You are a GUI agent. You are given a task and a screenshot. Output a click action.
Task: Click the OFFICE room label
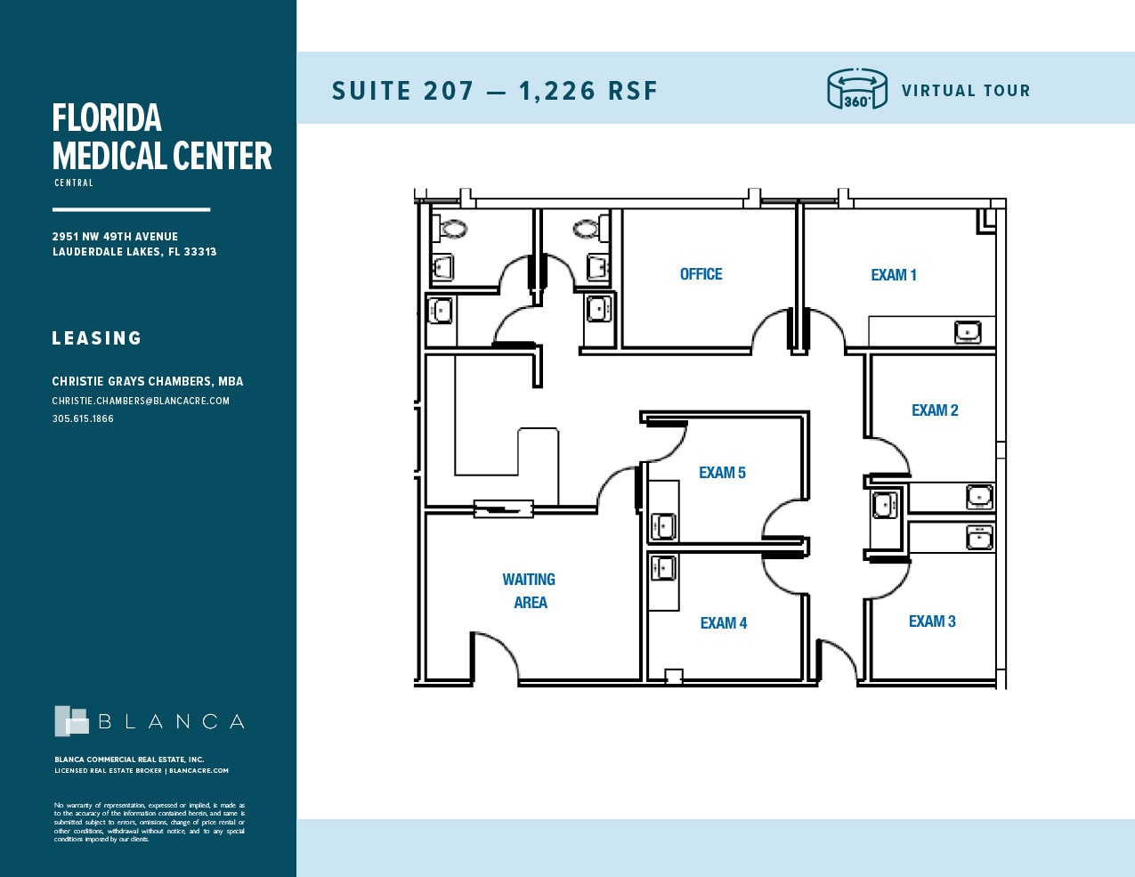[701, 274]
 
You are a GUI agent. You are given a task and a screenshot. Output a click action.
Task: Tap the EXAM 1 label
[893, 275]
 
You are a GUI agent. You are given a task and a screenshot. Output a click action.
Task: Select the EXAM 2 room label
[934, 410]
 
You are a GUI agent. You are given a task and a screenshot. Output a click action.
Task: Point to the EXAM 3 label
[931, 621]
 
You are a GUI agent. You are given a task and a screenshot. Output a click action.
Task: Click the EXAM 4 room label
[723, 623]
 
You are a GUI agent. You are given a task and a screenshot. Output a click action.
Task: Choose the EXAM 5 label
[722, 473]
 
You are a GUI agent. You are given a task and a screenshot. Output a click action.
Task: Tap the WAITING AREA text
[529, 590]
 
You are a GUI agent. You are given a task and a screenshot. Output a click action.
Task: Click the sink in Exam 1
[968, 332]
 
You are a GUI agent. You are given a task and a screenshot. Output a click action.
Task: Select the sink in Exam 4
[662, 568]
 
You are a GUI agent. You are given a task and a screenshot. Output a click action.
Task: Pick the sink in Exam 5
[662, 526]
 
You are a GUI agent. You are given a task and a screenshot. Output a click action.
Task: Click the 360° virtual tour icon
[856, 90]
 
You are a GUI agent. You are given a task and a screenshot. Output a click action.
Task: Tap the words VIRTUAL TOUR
[965, 91]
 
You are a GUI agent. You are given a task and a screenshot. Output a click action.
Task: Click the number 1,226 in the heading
[557, 91]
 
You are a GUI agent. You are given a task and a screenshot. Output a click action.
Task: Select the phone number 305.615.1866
[83, 418]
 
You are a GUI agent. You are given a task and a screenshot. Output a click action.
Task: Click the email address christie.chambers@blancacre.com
[141, 401]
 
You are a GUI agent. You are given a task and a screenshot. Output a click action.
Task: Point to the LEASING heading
[96, 338]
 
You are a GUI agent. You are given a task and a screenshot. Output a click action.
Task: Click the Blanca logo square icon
[71, 721]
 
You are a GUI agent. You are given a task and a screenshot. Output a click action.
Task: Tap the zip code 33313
[200, 252]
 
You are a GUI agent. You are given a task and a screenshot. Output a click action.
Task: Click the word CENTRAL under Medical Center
[74, 183]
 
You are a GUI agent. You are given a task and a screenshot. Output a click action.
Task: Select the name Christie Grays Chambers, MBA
[147, 381]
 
